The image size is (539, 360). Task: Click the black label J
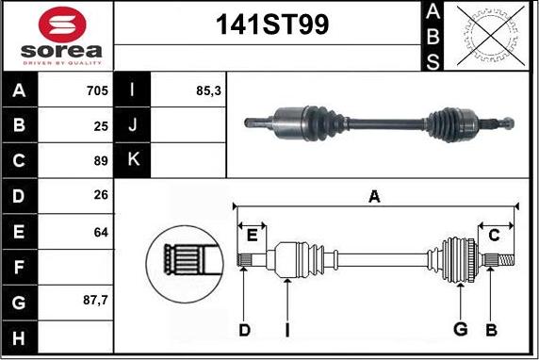[x=133, y=125]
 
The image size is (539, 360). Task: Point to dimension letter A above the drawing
[x=374, y=196]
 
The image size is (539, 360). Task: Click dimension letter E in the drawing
[x=252, y=234]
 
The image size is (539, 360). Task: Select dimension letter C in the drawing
[x=493, y=234]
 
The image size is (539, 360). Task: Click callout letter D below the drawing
[x=244, y=330]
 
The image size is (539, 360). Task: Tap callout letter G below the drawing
[x=460, y=330]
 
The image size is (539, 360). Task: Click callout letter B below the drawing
[x=491, y=330]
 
